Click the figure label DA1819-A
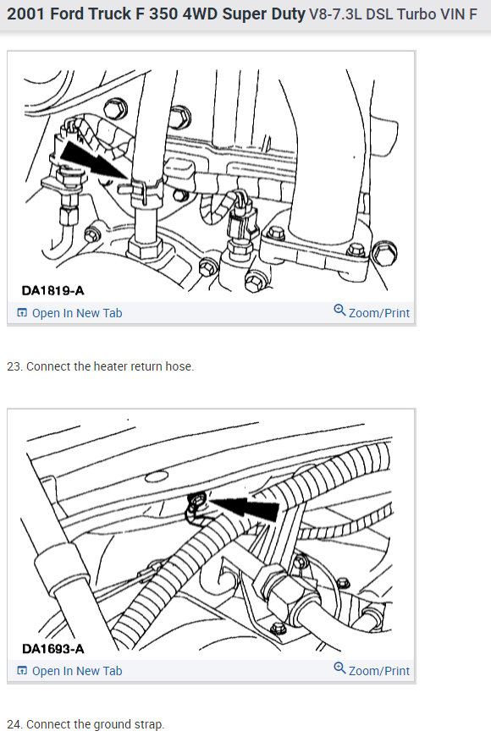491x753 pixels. [x=52, y=290]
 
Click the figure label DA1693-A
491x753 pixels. [x=52, y=649]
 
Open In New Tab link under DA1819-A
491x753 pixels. [x=77, y=313]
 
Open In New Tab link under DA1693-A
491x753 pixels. [x=77, y=671]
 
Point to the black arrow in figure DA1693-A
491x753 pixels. [x=245, y=508]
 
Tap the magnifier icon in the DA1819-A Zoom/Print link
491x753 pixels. [x=339, y=311]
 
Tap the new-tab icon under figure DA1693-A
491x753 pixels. [x=22, y=671]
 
